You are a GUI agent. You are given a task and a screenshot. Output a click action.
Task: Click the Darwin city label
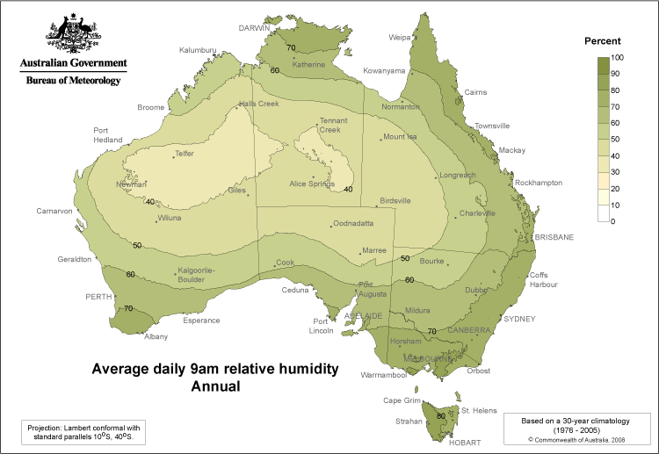pyautogui.click(x=255, y=28)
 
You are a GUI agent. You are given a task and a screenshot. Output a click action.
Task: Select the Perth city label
pyautogui.click(x=98, y=297)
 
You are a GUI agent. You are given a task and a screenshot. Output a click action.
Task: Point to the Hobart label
pyautogui.click(x=465, y=443)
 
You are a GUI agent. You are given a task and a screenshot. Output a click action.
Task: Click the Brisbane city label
pyautogui.click(x=554, y=237)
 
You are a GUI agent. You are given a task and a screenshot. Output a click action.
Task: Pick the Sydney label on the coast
pyautogui.click(x=518, y=319)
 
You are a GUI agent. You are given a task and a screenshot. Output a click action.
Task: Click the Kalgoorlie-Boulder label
pyautogui.click(x=196, y=275)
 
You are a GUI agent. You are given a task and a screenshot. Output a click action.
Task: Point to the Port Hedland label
pyautogui.click(x=108, y=135)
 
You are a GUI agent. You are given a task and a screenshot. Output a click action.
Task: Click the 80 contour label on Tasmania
pyautogui.click(x=440, y=415)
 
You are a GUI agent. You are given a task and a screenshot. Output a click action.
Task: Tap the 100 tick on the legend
pyautogui.click(x=618, y=57)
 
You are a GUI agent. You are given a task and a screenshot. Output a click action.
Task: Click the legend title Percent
pyautogui.click(x=603, y=41)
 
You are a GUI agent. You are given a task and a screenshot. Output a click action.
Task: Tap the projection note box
pyautogui.click(x=84, y=431)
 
